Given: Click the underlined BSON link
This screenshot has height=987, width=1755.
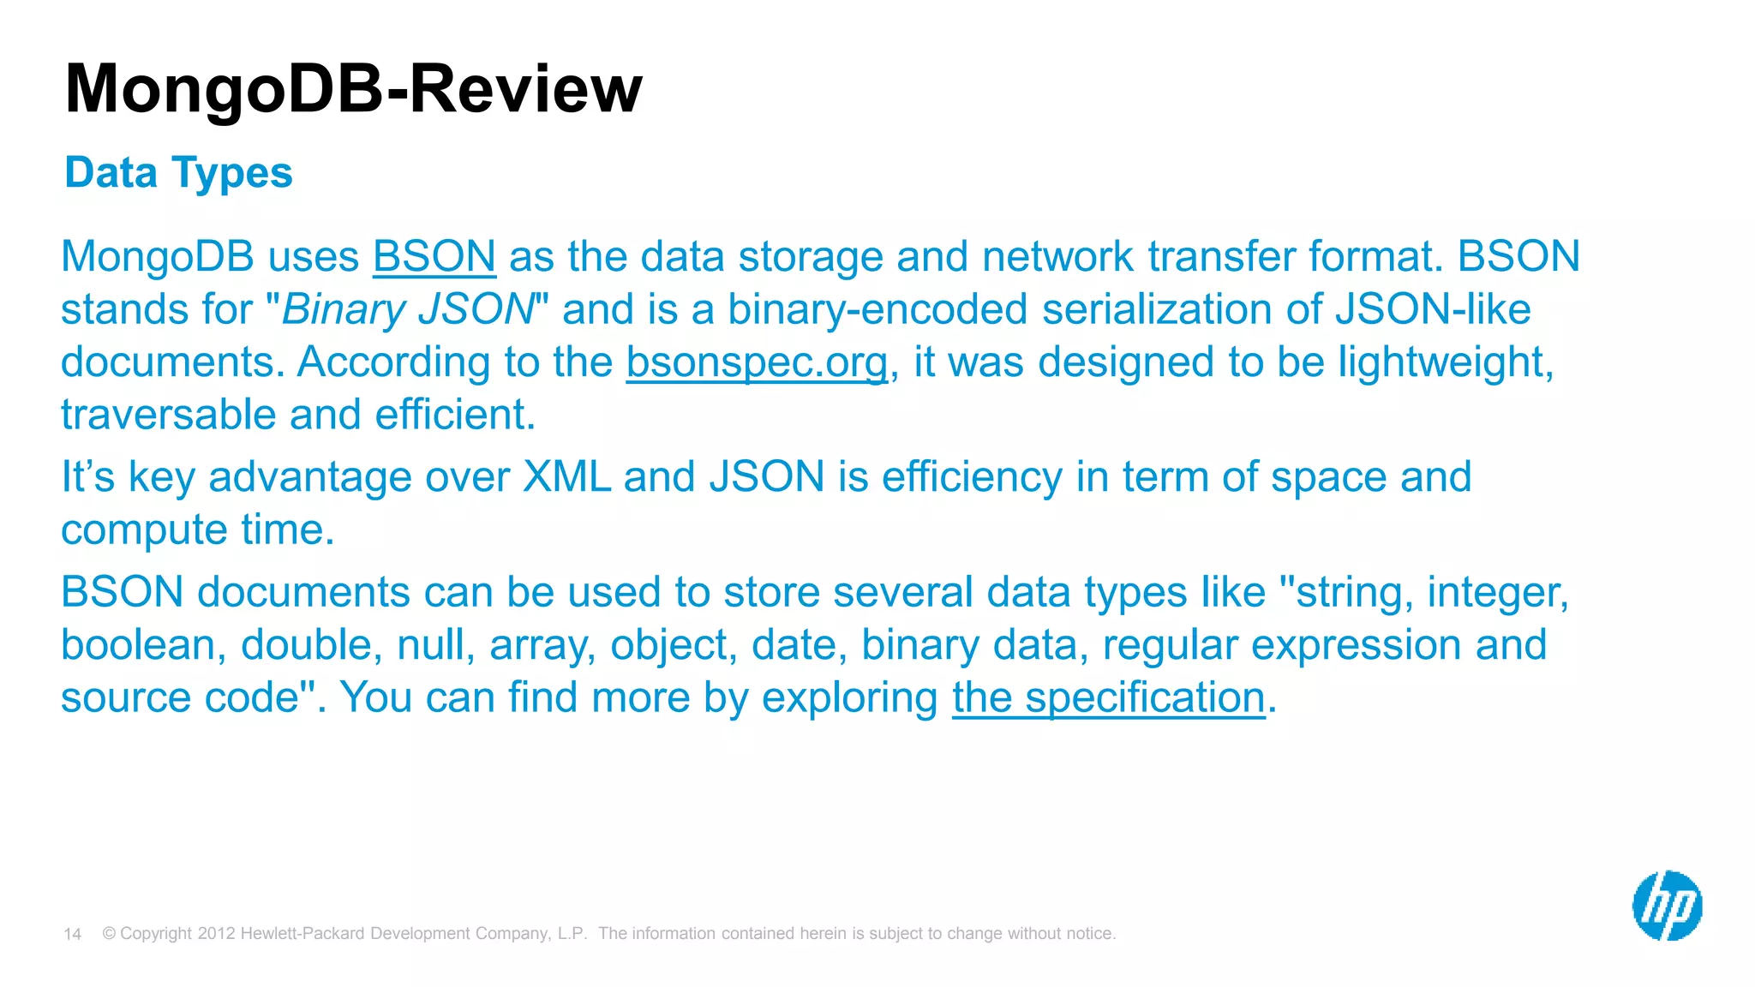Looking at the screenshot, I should [434, 256].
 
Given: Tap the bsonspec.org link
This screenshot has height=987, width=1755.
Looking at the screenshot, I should [757, 362].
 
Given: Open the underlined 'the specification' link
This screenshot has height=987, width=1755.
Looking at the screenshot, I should [1108, 697].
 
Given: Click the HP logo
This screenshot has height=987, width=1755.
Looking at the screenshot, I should [1667, 906].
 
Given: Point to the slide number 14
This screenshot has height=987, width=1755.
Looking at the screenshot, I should [72, 934].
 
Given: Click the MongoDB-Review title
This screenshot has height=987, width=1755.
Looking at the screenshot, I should [353, 88].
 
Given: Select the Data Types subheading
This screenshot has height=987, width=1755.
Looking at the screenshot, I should [178, 172].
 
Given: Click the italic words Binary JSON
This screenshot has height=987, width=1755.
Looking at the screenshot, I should [408, 309].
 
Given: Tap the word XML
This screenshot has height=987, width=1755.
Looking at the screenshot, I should [566, 476].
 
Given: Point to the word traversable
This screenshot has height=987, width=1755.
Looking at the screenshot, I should [168, 415].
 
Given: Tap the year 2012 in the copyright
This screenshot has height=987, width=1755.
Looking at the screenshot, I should [216, 934].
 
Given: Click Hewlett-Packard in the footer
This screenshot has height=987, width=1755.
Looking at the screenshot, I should [302, 934].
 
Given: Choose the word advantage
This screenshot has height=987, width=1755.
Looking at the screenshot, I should [309, 477].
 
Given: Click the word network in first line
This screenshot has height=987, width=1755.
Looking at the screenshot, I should [1057, 256].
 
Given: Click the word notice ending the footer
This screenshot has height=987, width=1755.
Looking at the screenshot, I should [1088, 934].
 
